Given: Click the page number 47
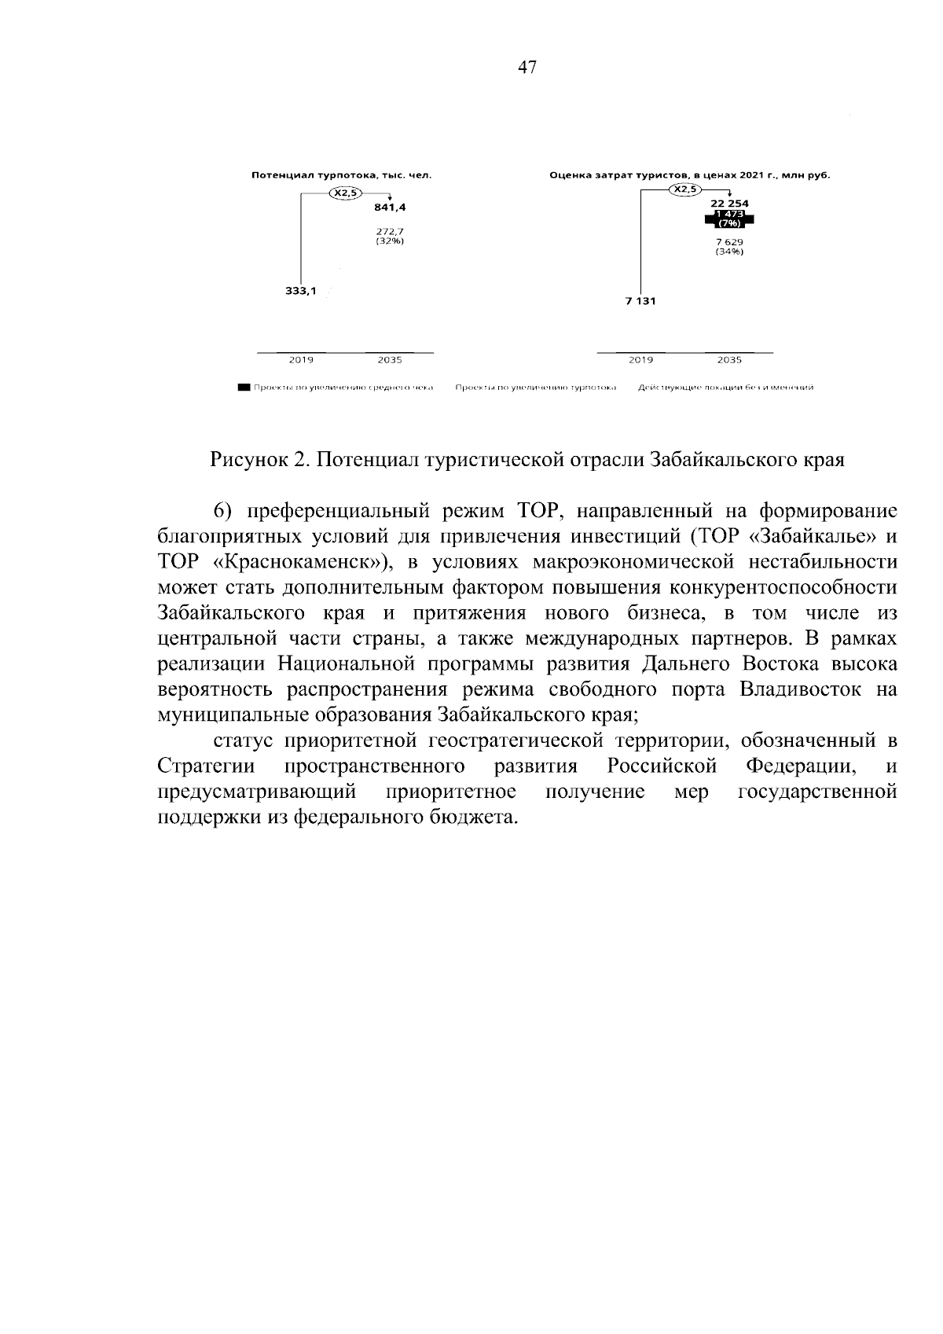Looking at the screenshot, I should click(x=527, y=68).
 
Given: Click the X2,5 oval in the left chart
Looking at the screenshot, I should click(x=346, y=193).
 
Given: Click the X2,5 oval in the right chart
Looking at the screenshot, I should click(x=684, y=189).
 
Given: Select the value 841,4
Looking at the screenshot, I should click(x=390, y=208).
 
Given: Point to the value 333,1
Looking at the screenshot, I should click(x=300, y=291).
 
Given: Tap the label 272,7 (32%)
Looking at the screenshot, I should click(x=390, y=236).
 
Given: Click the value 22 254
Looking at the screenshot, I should click(x=729, y=204).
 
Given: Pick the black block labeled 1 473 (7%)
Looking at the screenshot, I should click(x=729, y=219).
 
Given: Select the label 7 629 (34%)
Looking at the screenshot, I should click(x=729, y=247).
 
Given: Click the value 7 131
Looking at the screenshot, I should click(x=640, y=301).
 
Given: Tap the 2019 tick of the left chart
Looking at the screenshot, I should click(x=301, y=360).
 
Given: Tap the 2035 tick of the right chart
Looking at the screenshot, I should click(x=728, y=360).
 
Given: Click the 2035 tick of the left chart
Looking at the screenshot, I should click(x=390, y=360).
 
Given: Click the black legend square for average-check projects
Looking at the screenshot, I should click(x=244, y=388).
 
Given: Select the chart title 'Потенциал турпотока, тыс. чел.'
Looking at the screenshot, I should click(x=341, y=175).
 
